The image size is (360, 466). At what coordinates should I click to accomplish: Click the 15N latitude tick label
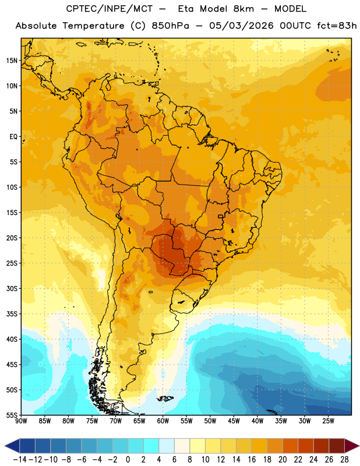12,61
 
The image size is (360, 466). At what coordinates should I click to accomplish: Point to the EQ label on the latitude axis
13,137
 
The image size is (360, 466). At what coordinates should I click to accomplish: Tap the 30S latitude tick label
12,288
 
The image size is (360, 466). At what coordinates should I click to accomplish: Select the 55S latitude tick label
12,415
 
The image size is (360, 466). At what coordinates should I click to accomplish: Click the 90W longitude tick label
22,421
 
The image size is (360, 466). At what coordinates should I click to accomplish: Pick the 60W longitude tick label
163,421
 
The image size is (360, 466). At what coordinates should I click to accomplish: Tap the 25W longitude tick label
328,421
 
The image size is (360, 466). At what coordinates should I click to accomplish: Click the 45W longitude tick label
234,421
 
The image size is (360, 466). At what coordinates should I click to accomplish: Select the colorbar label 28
344,460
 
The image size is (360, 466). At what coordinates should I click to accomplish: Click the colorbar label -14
20,460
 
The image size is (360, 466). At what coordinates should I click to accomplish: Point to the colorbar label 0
128,460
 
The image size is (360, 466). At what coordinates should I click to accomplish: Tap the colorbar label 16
252,460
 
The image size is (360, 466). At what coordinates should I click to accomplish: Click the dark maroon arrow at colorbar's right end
352,446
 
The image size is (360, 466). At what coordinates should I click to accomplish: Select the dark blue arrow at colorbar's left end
12,446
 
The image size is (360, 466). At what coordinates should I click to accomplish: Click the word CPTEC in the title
78,9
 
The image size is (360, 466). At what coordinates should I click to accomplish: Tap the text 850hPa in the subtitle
170,26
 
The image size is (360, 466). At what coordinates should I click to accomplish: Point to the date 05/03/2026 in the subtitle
241,26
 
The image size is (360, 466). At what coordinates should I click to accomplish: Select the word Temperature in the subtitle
93,26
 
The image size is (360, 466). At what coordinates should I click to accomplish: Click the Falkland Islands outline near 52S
165,398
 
